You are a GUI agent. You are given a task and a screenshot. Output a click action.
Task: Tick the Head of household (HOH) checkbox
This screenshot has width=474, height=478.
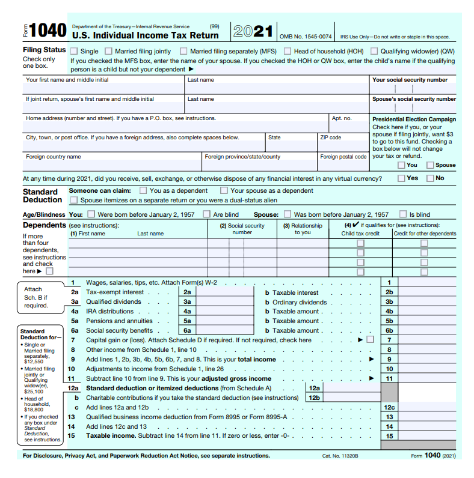(x=288, y=52)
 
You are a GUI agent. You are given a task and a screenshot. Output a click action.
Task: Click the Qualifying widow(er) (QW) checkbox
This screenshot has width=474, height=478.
(x=374, y=52)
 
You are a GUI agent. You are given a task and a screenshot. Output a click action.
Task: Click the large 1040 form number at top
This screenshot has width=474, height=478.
(x=47, y=31)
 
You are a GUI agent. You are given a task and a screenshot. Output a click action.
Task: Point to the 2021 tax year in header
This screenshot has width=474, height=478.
(x=253, y=32)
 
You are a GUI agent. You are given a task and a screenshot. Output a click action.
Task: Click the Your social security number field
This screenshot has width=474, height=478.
(x=413, y=88)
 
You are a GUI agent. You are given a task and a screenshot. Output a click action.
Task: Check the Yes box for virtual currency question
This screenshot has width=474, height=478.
(x=401, y=178)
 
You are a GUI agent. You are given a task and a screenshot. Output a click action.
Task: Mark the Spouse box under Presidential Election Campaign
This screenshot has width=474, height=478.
(x=430, y=165)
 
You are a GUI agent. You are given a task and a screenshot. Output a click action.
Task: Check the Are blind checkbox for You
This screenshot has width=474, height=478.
(x=206, y=214)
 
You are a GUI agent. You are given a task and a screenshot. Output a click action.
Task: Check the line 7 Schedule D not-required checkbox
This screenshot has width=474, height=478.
(x=370, y=340)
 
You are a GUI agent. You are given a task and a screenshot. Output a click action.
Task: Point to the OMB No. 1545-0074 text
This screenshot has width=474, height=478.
(x=306, y=37)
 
